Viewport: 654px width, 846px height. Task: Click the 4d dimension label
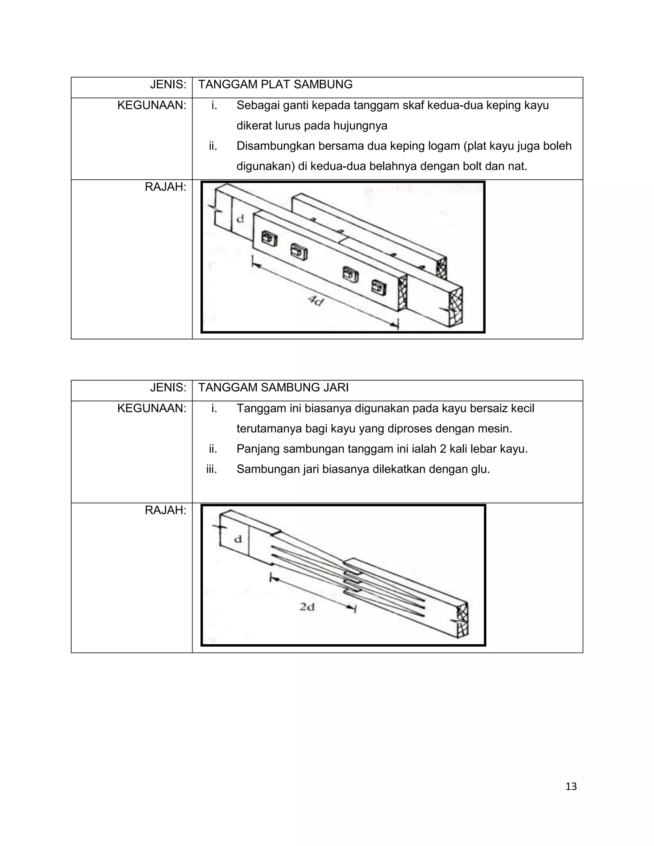[316, 300]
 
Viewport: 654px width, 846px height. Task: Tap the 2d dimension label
[307, 607]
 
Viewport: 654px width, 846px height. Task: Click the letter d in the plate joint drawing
[240, 219]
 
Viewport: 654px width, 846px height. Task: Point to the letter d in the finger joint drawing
[238, 539]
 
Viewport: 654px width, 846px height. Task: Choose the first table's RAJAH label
[165, 187]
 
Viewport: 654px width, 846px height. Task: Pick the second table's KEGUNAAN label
[151, 408]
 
